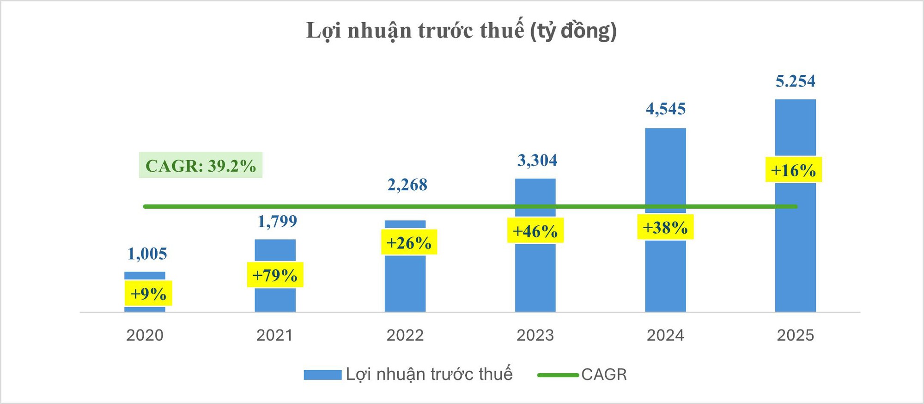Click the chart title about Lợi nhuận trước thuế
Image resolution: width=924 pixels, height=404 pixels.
pos(462,31)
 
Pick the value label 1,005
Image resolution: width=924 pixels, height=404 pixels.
pos(147,254)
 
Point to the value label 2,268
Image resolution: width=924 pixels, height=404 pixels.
pos(407,185)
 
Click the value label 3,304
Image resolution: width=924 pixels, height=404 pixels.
pos(537,160)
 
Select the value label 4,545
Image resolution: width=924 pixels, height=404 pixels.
pos(665,109)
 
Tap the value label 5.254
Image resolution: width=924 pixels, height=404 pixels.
pos(795,81)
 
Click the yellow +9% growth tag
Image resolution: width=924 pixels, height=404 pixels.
pos(148,293)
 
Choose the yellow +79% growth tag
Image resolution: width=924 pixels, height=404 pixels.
pos(275,275)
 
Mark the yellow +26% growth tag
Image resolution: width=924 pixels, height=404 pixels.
pos(409,242)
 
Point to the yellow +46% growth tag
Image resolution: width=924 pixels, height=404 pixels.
pos(535,230)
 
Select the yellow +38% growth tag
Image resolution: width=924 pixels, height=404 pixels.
pos(665,227)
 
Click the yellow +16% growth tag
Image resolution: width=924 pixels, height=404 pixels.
pos(793,170)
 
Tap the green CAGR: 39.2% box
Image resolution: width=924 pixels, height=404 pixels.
pos(201,165)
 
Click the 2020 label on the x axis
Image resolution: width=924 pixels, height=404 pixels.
pos(145,335)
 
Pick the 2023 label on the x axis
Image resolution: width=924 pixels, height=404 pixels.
pos(535,335)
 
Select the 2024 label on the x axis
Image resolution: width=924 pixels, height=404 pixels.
pos(665,335)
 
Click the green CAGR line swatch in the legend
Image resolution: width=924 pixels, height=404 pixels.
pos(558,375)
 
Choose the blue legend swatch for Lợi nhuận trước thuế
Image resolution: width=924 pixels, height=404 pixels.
pos(322,375)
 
